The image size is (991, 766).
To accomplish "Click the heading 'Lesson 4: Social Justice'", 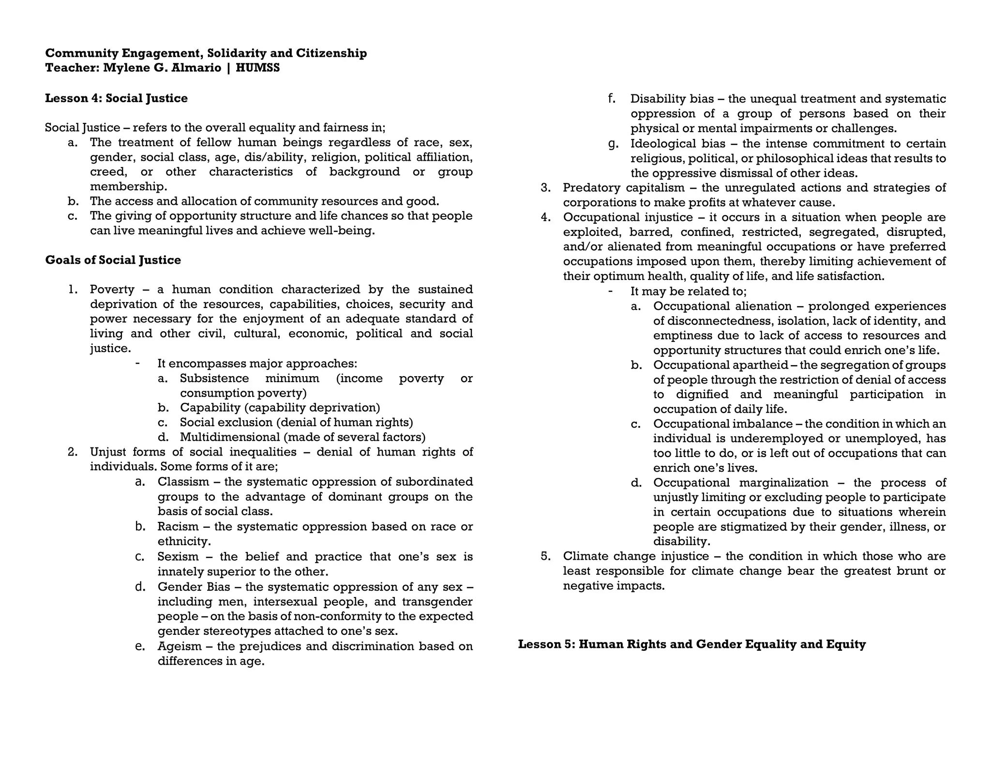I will click(116, 98).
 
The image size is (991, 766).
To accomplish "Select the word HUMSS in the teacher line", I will click(257, 68).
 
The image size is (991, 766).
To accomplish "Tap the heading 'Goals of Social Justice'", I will click(113, 260).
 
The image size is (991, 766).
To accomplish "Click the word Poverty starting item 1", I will click(112, 290).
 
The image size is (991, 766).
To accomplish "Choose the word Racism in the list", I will click(177, 526).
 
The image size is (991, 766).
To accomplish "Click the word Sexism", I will click(178, 556).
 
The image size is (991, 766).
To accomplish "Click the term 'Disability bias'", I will click(672, 99).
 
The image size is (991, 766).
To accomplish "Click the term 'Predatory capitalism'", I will click(624, 188).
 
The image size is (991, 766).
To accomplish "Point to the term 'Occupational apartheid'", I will click(720, 365).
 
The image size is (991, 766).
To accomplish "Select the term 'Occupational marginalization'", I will click(740, 483).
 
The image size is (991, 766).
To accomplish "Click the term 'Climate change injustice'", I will click(635, 556).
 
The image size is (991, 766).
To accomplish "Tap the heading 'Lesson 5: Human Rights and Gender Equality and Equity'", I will click(691, 644).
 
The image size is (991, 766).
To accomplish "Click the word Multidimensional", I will click(230, 437).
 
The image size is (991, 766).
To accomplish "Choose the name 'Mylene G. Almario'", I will click(162, 68).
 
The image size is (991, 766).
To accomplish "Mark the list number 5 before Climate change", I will click(545, 556).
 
